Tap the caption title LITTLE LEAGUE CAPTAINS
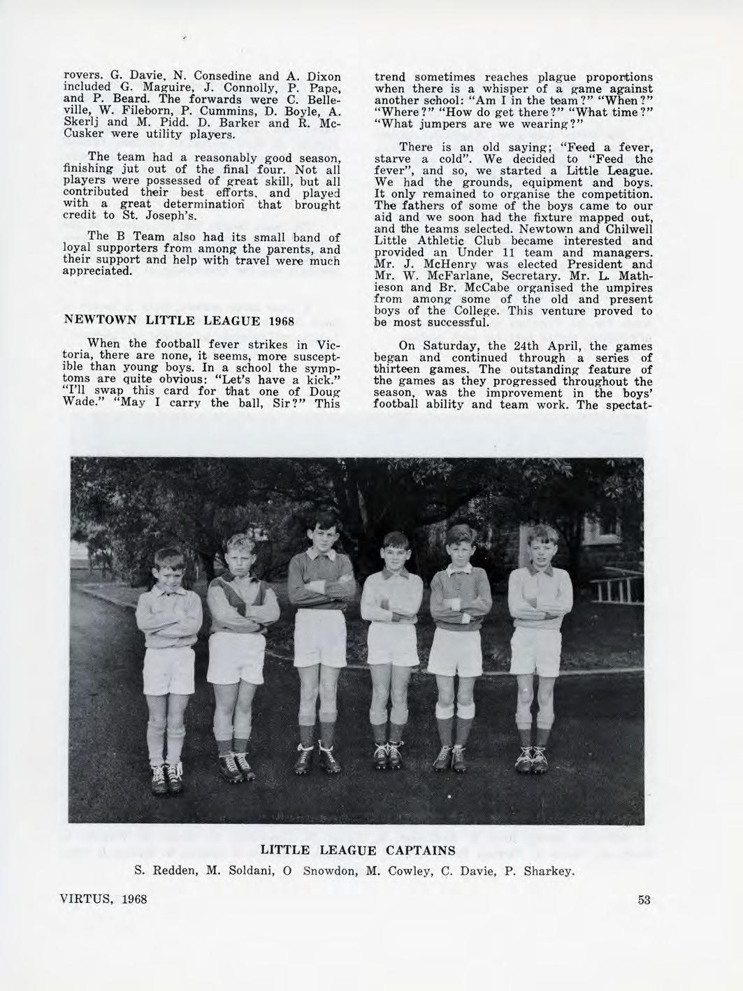(x=358, y=850)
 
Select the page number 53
(x=644, y=899)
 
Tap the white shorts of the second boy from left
(x=237, y=658)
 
